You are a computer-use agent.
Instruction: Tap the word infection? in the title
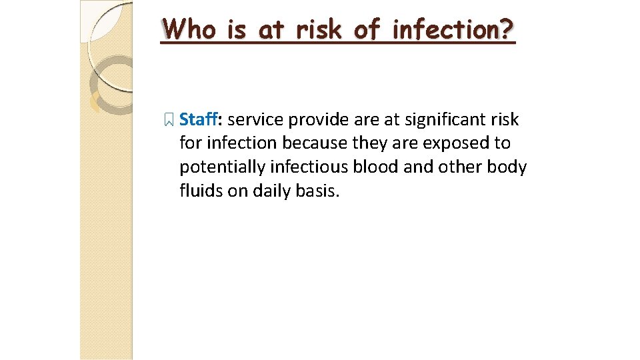coord(454,29)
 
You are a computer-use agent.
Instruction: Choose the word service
coord(255,120)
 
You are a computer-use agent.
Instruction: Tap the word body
coord(507,167)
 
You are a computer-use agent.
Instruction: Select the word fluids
coord(198,191)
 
